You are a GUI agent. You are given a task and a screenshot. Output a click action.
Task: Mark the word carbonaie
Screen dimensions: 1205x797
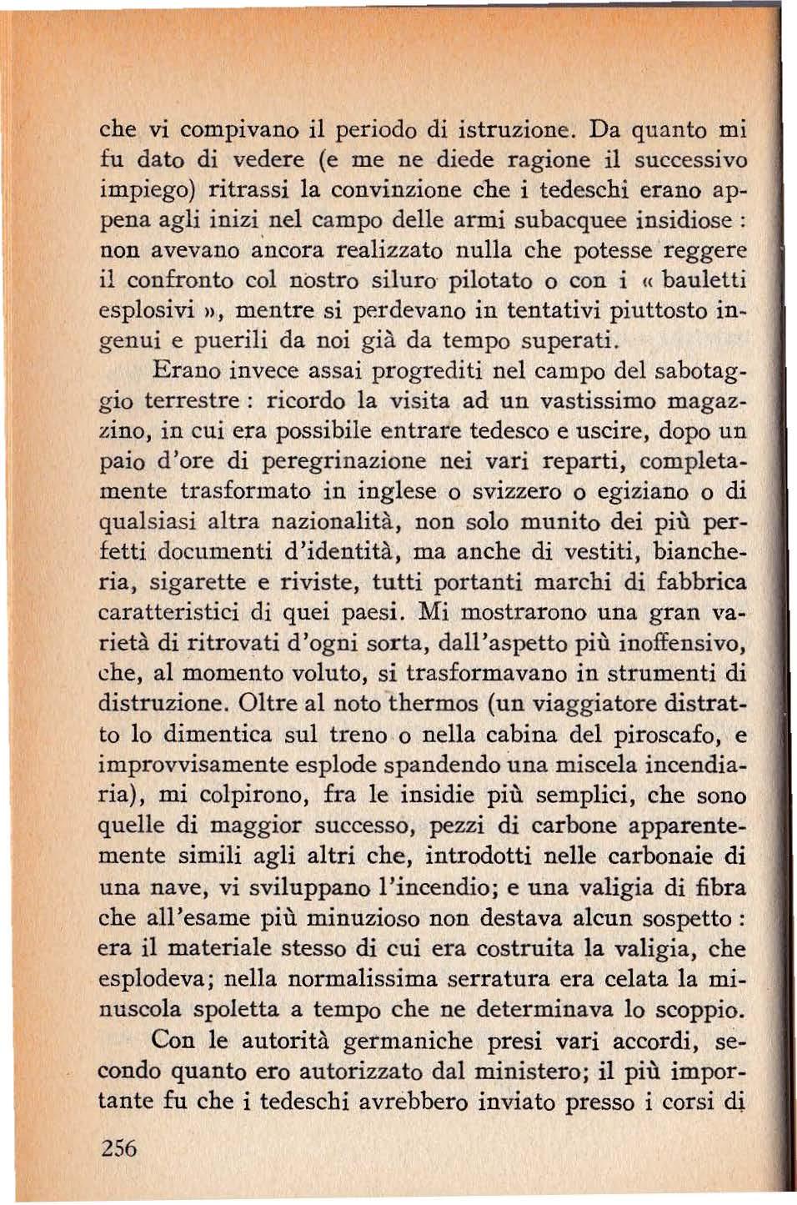659,856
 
